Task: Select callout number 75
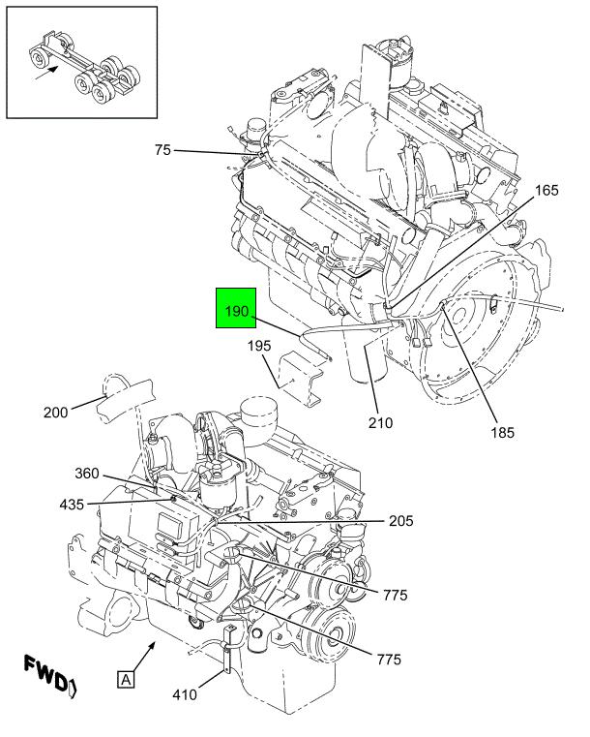click(162, 150)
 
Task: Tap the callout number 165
click(546, 191)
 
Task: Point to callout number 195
click(259, 346)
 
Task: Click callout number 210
click(380, 423)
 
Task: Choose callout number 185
click(503, 433)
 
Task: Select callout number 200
click(55, 413)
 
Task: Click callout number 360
click(87, 474)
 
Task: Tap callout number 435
click(72, 505)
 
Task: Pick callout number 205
click(400, 521)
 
